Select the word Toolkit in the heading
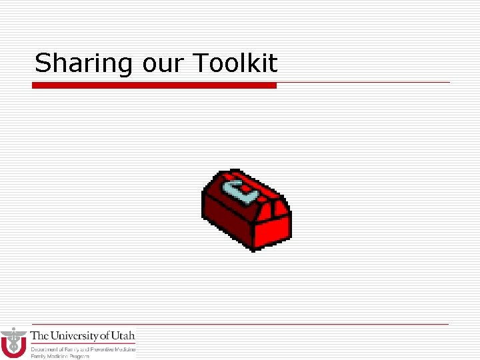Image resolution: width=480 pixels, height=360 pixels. [x=235, y=64]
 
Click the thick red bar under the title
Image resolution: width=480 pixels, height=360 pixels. [x=154, y=85]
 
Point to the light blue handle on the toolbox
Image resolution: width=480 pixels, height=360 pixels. [x=239, y=189]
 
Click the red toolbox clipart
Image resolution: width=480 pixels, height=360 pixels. [x=246, y=210]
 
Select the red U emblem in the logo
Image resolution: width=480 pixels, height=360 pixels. [x=13, y=346]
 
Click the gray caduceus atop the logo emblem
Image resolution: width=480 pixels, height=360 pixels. [x=13, y=334]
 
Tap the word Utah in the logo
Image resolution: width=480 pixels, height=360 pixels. [x=124, y=335]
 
